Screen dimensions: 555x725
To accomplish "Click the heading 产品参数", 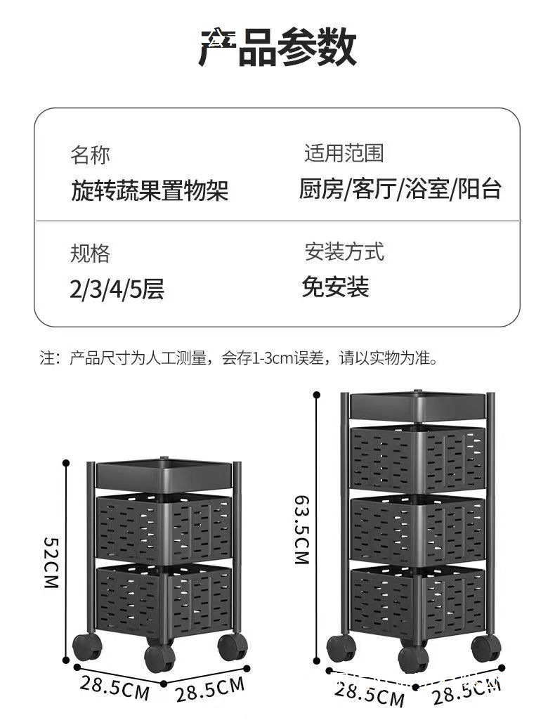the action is pos(277,47).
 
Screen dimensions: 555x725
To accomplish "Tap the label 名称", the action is pos(90,155).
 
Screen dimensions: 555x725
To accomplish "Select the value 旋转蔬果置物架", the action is pos(150,190).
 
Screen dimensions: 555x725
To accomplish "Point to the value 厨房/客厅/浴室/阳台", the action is pos(400,188).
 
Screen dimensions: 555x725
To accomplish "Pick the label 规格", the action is pos(90,253).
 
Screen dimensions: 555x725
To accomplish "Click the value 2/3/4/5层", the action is pos(117,289).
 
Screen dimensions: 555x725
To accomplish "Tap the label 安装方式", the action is pos(344,251).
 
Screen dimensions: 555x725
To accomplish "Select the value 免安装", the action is pos(335,286).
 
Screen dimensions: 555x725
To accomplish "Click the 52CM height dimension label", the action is pos(51,562).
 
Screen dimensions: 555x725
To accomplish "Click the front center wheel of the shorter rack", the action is pos(159,658).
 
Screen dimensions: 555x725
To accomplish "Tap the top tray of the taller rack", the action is pos(419,405).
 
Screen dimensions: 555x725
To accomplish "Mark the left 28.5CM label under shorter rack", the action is pos(114,686).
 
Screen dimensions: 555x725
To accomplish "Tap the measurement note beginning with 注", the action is pos(239,359).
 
